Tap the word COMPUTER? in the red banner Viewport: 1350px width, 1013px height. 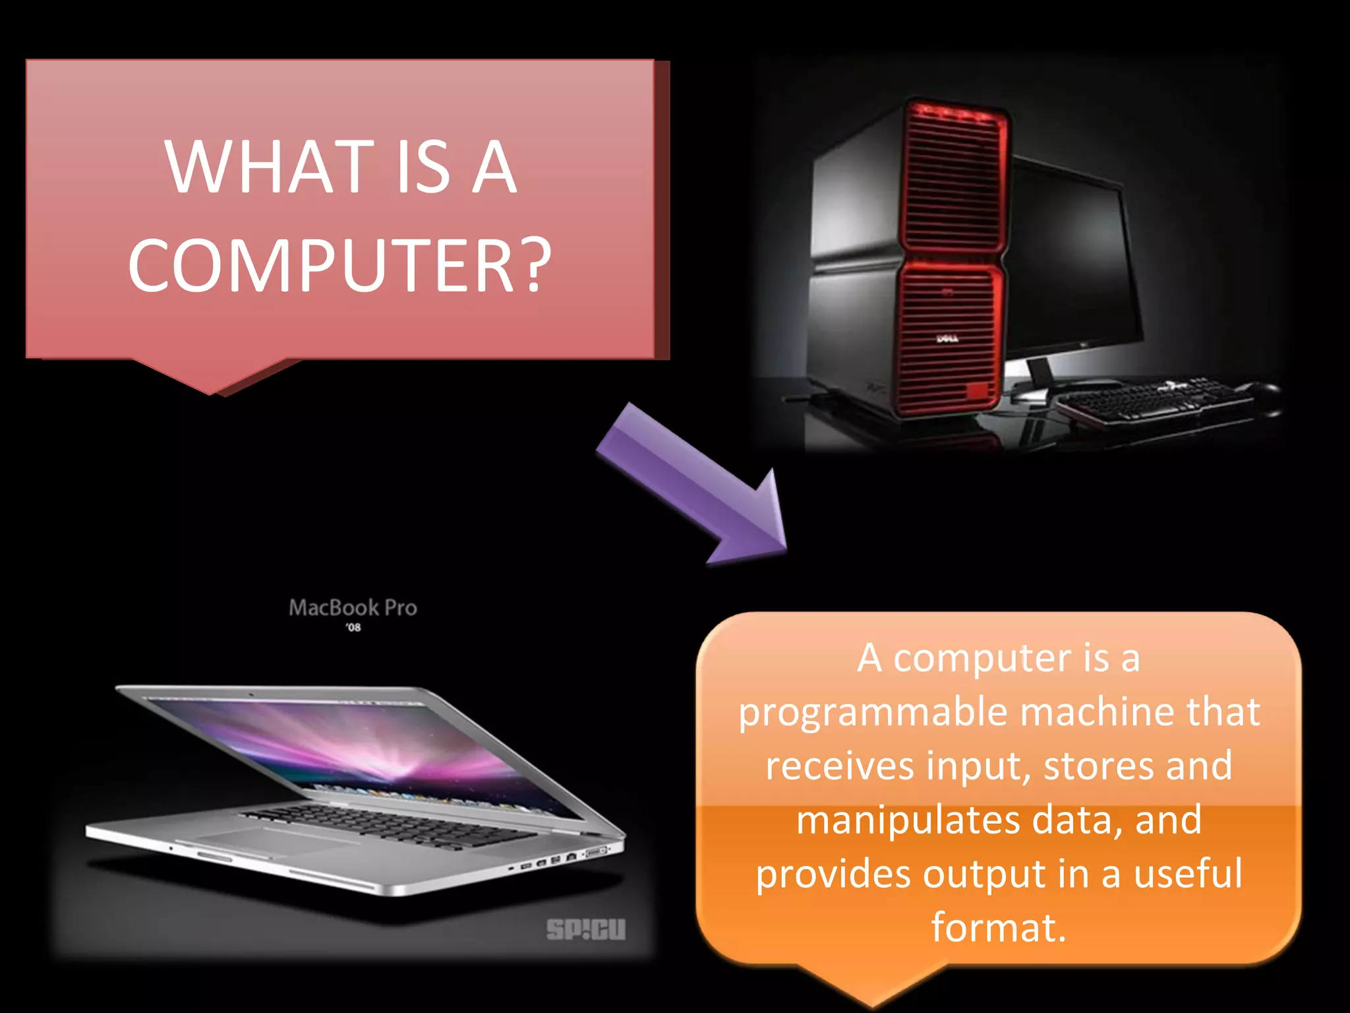pos(339,265)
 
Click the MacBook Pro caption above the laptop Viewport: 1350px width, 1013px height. pos(353,607)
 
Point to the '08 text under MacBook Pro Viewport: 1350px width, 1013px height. pos(353,627)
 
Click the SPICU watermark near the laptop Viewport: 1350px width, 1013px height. pos(585,929)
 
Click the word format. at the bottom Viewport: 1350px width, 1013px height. pos(998,927)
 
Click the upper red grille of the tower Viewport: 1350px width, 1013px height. pos(953,178)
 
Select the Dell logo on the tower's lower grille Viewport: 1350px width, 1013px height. pos(947,339)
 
